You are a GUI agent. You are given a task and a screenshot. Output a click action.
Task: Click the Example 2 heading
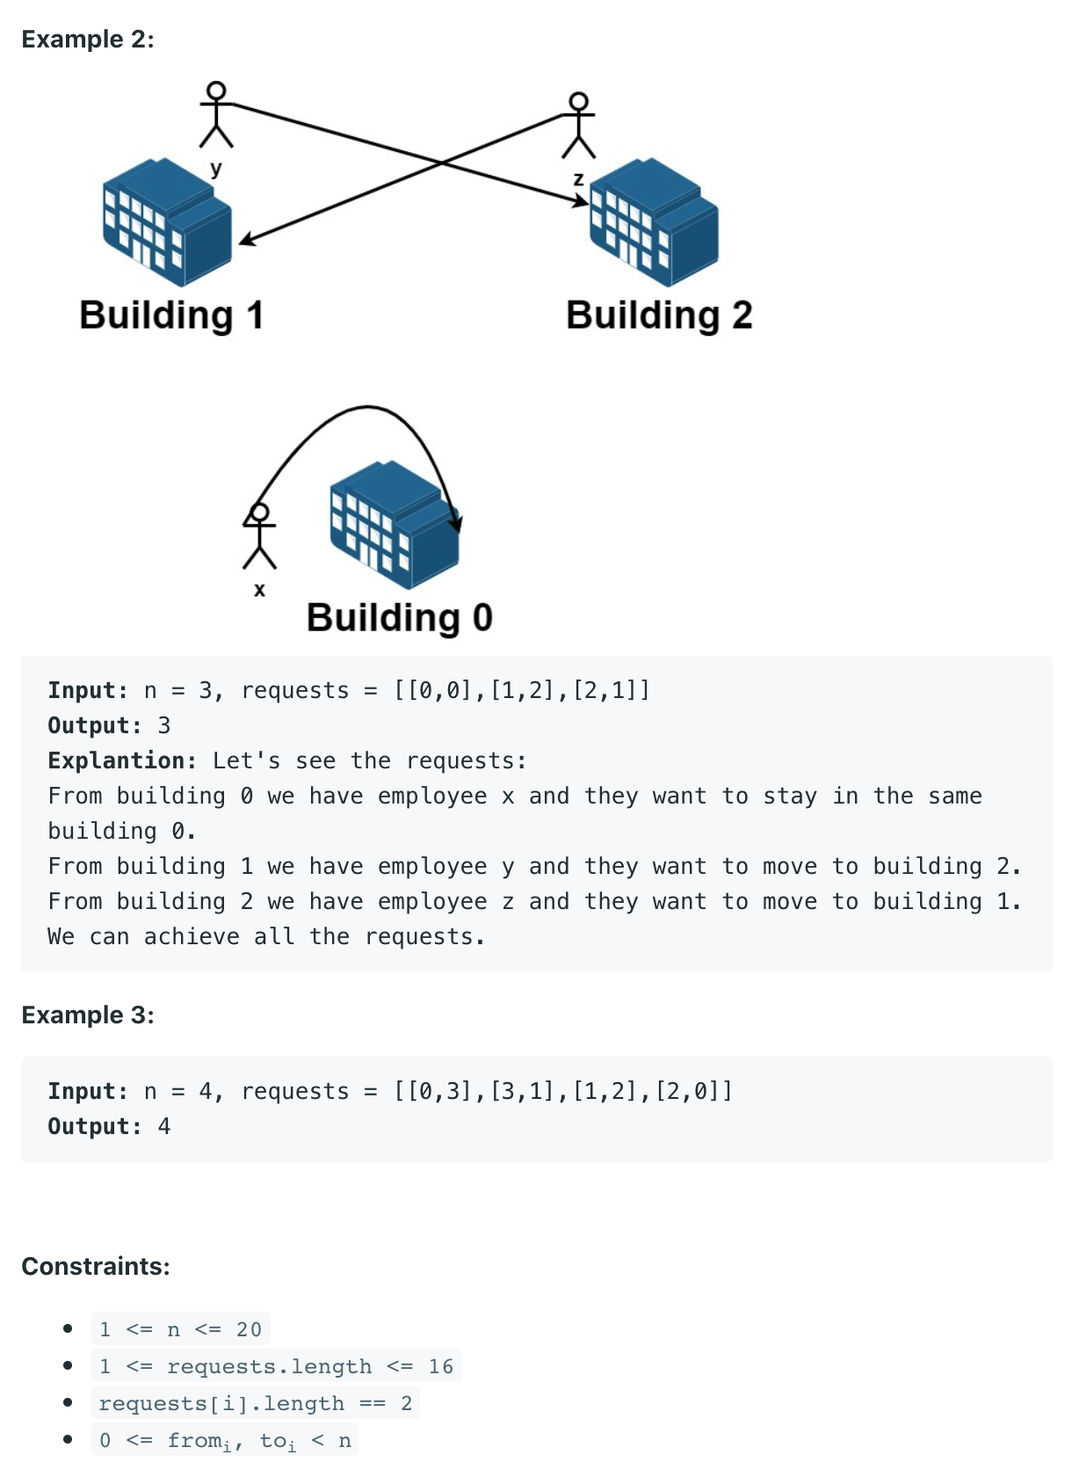(88, 40)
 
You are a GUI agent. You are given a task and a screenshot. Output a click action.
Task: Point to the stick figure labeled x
(259, 535)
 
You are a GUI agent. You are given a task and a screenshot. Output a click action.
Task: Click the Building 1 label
(171, 316)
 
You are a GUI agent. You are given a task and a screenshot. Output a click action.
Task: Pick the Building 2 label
(659, 316)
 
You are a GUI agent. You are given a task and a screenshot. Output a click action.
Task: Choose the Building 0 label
(399, 618)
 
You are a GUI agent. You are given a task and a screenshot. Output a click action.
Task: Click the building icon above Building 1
(167, 222)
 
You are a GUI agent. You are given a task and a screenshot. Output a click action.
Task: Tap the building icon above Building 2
(654, 222)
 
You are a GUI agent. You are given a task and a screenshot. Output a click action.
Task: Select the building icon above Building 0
(395, 525)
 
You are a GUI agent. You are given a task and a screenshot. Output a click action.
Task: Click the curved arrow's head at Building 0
(456, 524)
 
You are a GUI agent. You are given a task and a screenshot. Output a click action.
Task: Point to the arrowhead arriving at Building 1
(246, 240)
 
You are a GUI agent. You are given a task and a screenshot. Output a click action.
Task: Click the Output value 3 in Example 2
(164, 726)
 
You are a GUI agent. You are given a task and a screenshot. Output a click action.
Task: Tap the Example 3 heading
(88, 1015)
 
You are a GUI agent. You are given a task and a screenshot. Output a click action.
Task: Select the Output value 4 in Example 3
(164, 1127)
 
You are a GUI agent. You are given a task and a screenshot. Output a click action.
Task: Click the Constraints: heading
(96, 1267)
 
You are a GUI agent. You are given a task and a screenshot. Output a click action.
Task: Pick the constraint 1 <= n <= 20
(180, 1329)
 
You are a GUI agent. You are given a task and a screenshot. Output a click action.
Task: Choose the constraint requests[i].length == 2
(255, 1403)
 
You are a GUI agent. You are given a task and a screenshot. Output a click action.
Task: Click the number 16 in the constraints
(441, 1366)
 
